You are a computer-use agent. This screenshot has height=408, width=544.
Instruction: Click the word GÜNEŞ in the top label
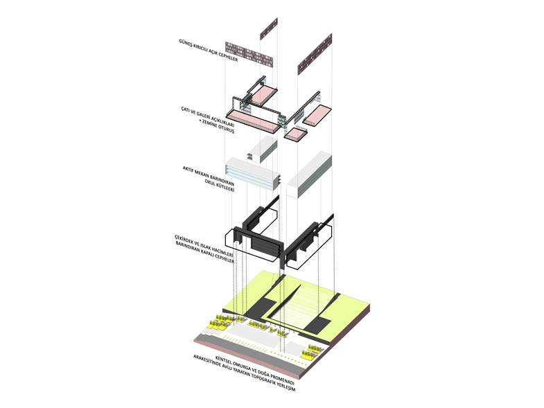coord(184,44)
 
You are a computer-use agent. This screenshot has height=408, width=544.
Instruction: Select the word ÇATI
coord(186,110)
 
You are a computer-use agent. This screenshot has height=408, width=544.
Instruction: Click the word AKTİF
coord(188,170)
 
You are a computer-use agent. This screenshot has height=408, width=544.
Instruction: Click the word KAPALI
coord(207,254)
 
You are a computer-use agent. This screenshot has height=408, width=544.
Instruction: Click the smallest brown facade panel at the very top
coord(269,28)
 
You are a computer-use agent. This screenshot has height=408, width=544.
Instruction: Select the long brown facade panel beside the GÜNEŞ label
coord(249,55)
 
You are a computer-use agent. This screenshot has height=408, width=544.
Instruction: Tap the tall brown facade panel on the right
coord(315,55)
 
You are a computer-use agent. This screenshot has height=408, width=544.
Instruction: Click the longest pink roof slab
coord(254,122)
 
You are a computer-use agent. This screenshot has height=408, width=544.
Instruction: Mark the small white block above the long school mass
coord(263,150)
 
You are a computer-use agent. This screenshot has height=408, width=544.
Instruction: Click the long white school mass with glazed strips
coord(252,174)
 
